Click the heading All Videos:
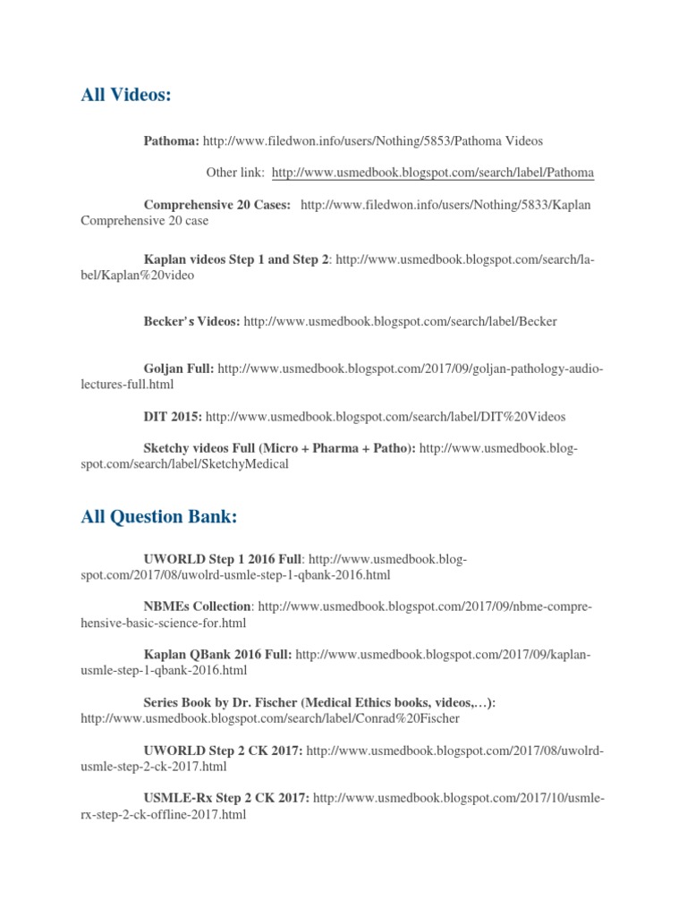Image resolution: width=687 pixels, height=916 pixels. pos(125,95)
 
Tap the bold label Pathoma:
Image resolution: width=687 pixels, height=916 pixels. pos(172,141)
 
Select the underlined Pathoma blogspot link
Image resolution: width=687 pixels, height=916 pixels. pos(433,173)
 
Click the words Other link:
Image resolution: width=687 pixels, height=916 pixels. pos(235,173)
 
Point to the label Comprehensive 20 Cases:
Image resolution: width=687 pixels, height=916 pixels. pos(217,205)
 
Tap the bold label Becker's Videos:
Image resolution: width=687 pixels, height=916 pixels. pos(191,321)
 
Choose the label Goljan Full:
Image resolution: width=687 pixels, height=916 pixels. pos(178,368)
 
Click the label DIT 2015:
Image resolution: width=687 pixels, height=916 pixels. pos(173,416)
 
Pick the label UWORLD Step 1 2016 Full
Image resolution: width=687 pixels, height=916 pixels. pos(223,559)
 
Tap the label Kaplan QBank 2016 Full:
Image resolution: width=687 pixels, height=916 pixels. pos(217,655)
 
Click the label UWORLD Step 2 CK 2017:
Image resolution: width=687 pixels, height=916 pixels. pos(223,750)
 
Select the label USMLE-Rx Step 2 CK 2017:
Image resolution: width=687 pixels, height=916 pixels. pos(226,798)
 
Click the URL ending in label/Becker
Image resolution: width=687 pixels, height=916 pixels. pos(400,321)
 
